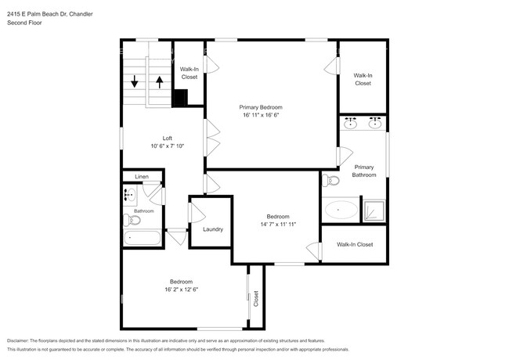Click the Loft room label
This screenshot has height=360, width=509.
[x=167, y=138]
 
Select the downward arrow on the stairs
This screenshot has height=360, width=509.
[x=135, y=81]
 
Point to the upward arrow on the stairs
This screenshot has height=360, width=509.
[x=159, y=81]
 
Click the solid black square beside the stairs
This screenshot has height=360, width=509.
[x=180, y=97]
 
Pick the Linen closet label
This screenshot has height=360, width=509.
[x=142, y=177]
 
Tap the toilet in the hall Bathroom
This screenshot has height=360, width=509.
[x=134, y=220]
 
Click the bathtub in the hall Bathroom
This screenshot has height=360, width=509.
[x=142, y=237]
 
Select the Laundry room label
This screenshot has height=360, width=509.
[x=212, y=229]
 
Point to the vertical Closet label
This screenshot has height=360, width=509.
[x=256, y=297]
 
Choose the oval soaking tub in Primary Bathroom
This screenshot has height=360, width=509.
[x=340, y=210]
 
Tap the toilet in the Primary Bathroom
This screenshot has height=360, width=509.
[x=330, y=181]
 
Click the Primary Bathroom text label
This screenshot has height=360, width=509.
[x=364, y=171]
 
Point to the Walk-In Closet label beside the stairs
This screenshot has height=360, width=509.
[x=189, y=74]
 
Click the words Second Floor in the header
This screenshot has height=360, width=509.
[x=24, y=23]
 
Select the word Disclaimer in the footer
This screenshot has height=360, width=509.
[x=22, y=341]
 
